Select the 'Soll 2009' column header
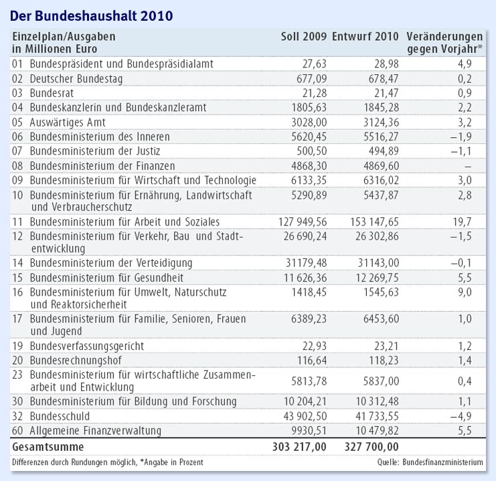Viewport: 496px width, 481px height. tap(303, 36)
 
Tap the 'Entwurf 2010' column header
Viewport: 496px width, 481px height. tap(365, 36)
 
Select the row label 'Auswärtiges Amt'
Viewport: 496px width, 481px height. tap(68, 122)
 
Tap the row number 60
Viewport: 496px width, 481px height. tap(18, 431)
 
